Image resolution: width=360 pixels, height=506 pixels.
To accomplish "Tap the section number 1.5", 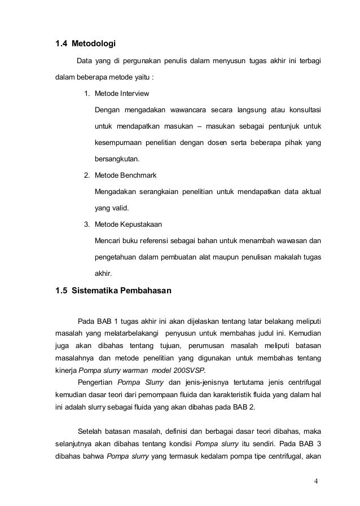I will click(61, 292).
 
